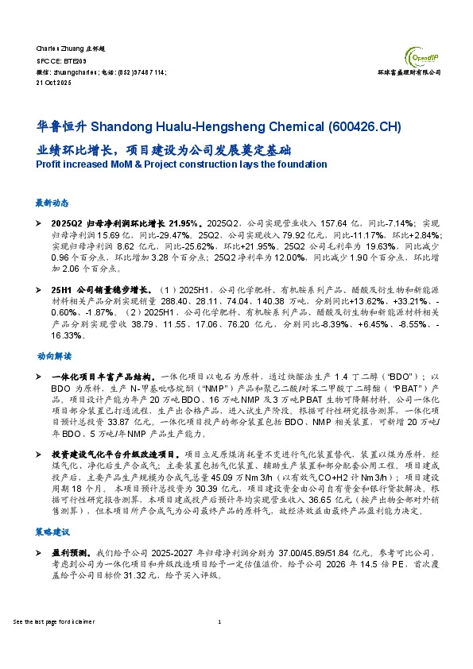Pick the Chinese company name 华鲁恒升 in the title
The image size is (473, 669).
pos(61,127)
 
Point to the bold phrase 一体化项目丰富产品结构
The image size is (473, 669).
pos(103,375)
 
